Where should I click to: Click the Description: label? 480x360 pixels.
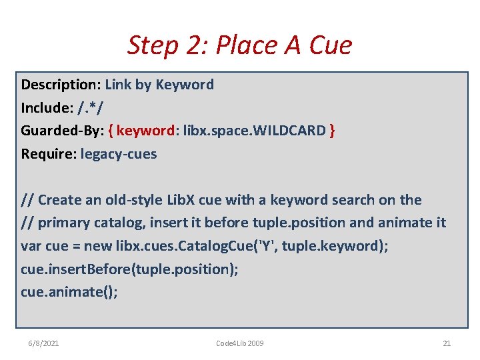[x=61, y=85]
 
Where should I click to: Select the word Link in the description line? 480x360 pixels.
[x=117, y=85]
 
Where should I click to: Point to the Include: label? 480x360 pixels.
[x=47, y=108]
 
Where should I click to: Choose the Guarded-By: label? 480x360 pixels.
[x=62, y=131]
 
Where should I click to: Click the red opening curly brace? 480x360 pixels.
[x=111, y=131]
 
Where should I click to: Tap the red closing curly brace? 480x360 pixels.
[x=332, y=131]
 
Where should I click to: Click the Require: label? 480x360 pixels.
[x=49, y=154]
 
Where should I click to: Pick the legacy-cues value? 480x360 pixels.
[x=119, y=154]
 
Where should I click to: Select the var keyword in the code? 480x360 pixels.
[x=31, y=246]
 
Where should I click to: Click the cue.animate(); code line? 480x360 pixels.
[x=69, y=292]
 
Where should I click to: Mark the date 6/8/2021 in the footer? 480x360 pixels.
[x=43, y=343]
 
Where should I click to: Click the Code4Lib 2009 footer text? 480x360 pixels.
[x=240, y=343]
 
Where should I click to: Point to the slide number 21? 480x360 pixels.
[x=447, y=343]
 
